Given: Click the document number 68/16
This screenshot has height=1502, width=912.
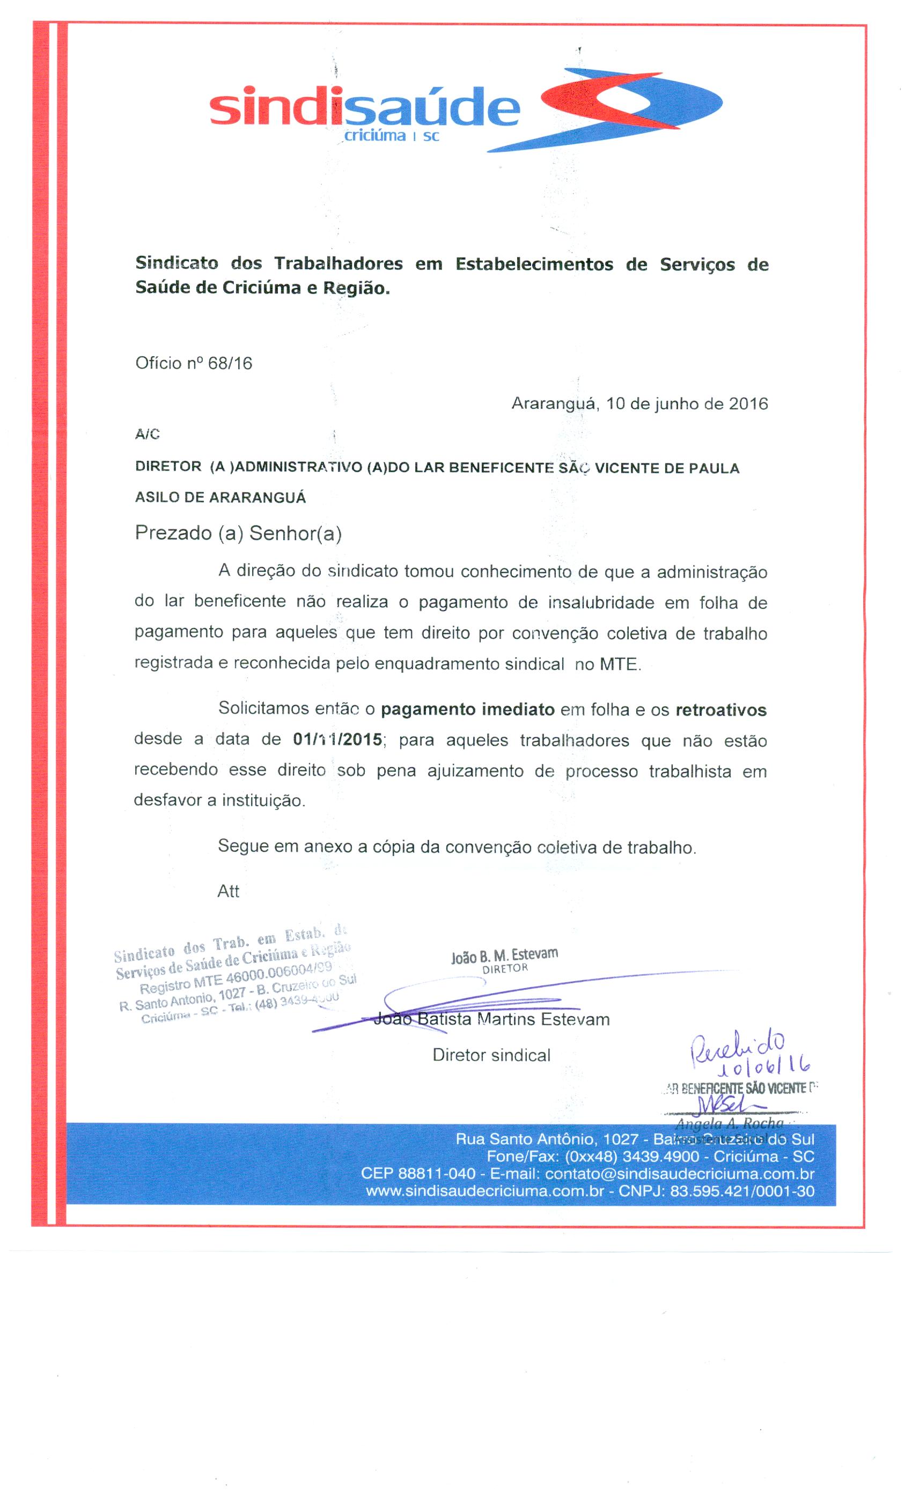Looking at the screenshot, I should click(x=230, y=363).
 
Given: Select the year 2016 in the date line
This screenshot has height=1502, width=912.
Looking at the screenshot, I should click(x=748, y=404).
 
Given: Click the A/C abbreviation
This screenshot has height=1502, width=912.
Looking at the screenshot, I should click(x=148, y=435).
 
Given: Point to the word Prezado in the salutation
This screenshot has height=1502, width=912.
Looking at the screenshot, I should click(x=173, y=533).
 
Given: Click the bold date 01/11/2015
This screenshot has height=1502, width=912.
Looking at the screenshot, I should click(x=338, y=740).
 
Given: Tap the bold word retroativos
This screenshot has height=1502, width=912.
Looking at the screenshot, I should click(x=720, y=710).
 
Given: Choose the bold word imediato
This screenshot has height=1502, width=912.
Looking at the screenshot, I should click(x=518, y=710).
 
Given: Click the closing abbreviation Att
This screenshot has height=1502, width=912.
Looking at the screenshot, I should click(x=229, y=891).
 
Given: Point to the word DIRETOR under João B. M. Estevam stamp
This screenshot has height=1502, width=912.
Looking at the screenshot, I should click(x=505, y=969).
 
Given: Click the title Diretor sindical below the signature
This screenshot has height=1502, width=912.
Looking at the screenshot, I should click(x=491, y=1055).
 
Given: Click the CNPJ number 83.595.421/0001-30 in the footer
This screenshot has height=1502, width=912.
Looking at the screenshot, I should click(x=742, y=1191).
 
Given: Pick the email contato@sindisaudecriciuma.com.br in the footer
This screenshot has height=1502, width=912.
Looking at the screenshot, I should click(x=679, y=1174).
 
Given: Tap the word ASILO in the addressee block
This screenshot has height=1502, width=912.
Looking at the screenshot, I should click(x=157, y=497).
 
